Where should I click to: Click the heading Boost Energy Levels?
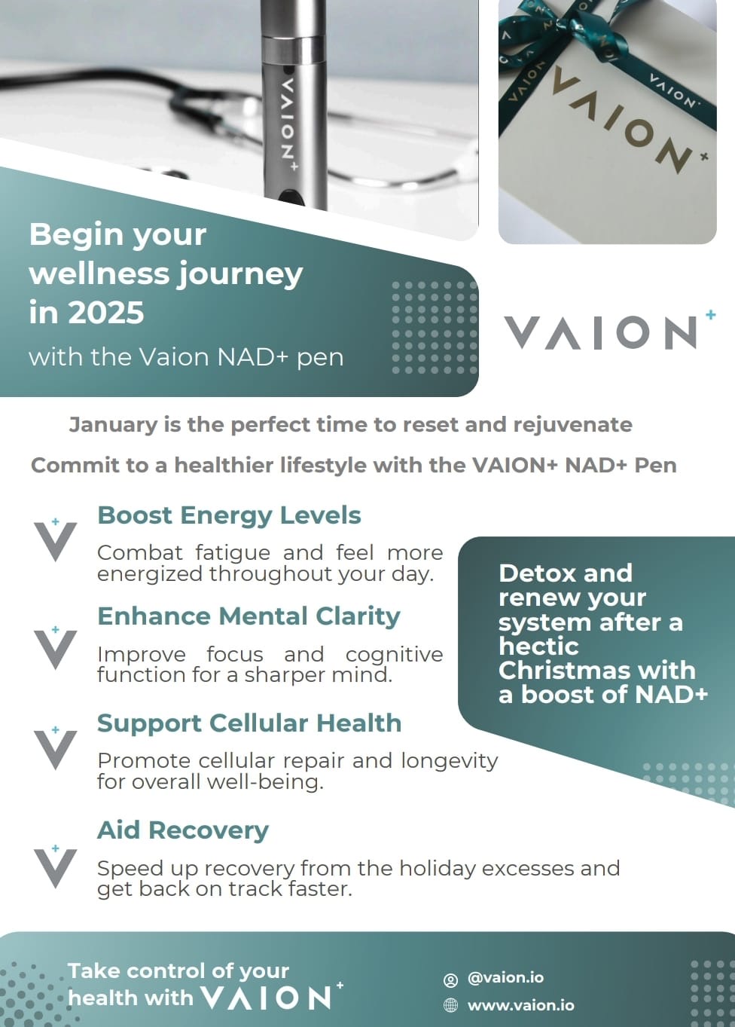point(229,515)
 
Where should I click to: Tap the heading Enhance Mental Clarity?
point(249,616)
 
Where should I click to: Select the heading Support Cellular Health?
point(249,723)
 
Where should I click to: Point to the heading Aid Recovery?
point(183,830)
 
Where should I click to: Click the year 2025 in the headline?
point(106,313)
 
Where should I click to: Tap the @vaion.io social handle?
point(505,977)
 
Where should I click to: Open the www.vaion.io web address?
point(520,1005)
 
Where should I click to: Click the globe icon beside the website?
point(450,1006)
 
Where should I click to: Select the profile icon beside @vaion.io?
point(450,979)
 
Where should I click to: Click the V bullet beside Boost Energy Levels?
point(56,540)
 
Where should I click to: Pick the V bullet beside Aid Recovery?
point(56,867)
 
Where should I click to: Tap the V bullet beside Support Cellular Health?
point(56,748)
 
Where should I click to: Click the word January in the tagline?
point(113,425)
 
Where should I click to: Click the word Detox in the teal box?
point(531,573)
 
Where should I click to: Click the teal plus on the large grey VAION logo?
point(710,314)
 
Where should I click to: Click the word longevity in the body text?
point(449,762)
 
